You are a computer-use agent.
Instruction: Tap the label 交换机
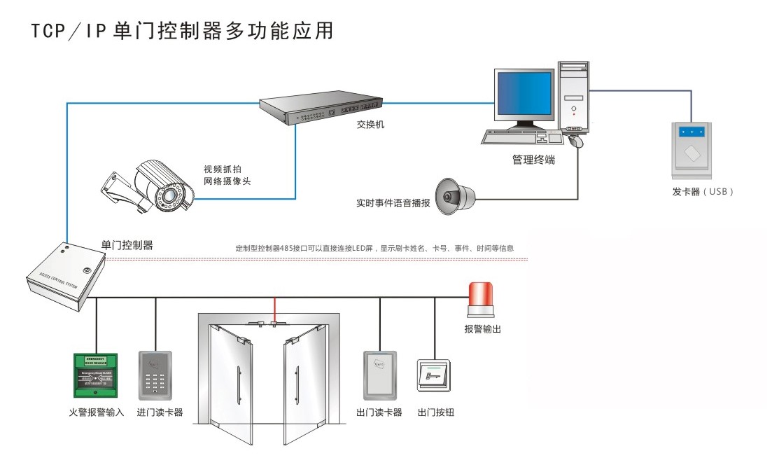[x=370, y=125]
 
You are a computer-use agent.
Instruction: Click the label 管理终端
[x=533, y=160]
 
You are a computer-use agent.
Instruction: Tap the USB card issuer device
[x=694, y=148]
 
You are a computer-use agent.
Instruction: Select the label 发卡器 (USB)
[x=703, y=191]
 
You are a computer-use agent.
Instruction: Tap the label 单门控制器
[x=127, y=245]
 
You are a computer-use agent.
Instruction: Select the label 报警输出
[x=482, y=329]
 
